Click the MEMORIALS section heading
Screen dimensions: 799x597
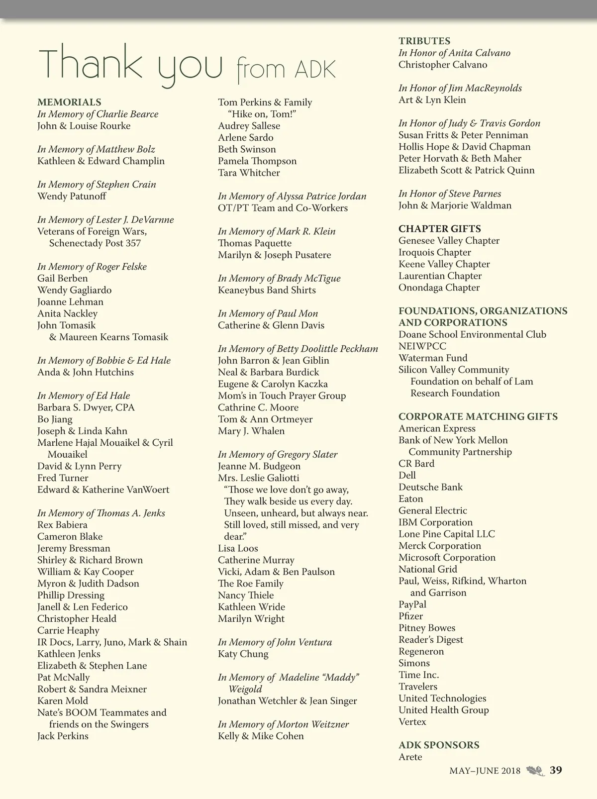click(x=69, y=102)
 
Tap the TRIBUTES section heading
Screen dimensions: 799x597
click(x=424, y=41)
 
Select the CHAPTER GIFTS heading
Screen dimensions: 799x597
click(x=440, y=229)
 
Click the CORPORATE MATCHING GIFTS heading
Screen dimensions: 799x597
click(x=478, y=417)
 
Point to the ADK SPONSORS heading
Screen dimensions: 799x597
click(x=439, y=745)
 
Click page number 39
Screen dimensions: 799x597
click(x=556, y=770)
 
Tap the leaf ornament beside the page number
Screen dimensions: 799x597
click(x=535, y=771)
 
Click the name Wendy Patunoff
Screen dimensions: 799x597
click(x=72, y=196)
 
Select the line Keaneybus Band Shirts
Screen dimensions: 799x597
click(x=267, y=290)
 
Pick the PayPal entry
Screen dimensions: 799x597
click(x=412, y=604)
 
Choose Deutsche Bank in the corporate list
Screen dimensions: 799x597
click(x=430, y=487)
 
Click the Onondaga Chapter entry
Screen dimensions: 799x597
click(x=439, y=288)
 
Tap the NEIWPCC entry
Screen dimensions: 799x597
click(x=422, y=346)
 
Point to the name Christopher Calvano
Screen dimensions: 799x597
click(x=443, y=65)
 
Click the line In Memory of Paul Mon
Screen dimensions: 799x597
click(x=268, y=313)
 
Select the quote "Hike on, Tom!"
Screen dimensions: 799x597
click(x=262, y=114)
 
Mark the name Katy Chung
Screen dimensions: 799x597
click(x=243, y=654)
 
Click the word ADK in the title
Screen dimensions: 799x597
click(x=315, y=70)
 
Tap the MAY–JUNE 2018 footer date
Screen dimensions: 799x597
click(x=485, y=771)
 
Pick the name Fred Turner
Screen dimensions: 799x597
click(x=63, y=478)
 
